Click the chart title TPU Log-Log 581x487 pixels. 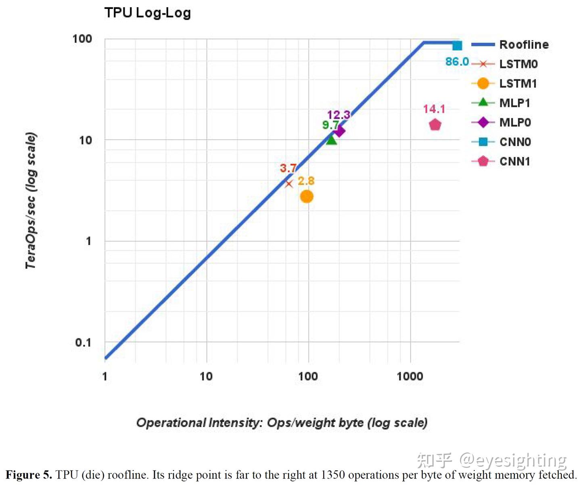[x=147, y=13]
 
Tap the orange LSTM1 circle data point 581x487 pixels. [x=307, y=197]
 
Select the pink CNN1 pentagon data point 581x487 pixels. [x=435, y=125]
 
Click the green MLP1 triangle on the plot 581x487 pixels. [x=331, y=140]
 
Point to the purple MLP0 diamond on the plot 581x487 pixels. [x=339, y=131]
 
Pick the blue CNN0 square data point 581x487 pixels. [x=457, y=46]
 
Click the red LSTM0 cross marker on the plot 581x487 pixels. [x=289, y=184]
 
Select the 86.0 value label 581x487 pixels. [x=457, y=62]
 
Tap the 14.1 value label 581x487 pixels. [x=434, y=109]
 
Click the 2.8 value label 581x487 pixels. [x=306, y=181]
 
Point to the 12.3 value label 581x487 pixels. [x=338, y=115]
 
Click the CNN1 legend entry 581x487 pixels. [x=514, y=162]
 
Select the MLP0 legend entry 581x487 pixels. [x=515, y=122]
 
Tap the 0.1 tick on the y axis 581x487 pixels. [x=83, y=342]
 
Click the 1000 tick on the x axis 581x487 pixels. [x=410, y=376]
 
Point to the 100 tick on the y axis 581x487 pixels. [x=82, y=39]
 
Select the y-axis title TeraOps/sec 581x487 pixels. [x=31, y=200]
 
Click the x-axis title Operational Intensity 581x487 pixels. [x=282, y=423]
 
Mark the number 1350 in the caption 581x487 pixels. [x=333, y=475]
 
